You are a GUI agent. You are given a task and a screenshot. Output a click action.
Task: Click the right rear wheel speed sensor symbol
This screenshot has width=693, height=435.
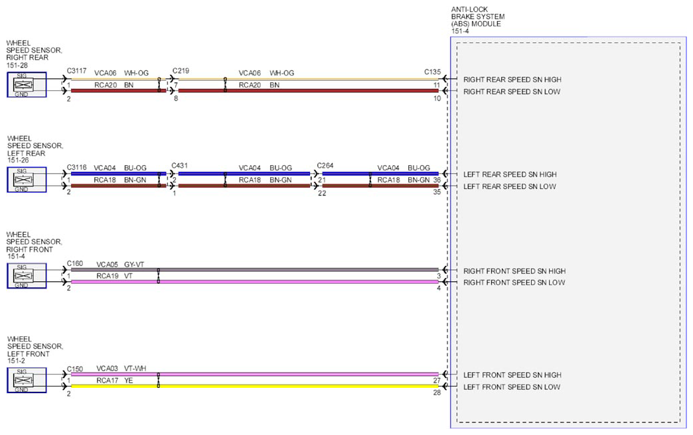[27, 84]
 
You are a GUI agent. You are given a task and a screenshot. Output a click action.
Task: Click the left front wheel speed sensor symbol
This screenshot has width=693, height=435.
[27, 380]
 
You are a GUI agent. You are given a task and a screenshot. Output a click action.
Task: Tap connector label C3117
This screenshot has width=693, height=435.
[76, 71]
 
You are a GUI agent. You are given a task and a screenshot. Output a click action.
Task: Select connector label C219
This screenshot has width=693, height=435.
[181, 71]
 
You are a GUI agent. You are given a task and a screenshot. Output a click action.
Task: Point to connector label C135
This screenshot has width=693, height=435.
[432, 72]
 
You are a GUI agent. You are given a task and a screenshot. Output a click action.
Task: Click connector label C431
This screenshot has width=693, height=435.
[179, 166]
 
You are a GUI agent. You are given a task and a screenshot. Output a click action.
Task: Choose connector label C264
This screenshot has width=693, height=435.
[325, 166]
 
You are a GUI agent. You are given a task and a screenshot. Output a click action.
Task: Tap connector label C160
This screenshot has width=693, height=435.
[75, 263]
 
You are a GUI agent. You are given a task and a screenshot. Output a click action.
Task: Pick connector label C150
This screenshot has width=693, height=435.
[75, 369]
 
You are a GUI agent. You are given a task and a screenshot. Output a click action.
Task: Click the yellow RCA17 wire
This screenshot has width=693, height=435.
[255, 386]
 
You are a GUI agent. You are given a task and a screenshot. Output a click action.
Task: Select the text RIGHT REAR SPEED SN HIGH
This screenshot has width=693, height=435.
[512, 80]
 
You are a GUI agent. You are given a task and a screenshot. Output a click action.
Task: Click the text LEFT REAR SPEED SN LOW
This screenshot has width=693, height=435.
[510, 186]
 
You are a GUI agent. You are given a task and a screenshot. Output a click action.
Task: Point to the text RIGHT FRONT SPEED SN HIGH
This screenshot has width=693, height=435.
[514, 271]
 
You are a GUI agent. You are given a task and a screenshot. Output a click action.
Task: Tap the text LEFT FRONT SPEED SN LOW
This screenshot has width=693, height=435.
[512, 387]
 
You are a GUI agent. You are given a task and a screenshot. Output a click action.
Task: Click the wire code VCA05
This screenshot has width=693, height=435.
[107, 265]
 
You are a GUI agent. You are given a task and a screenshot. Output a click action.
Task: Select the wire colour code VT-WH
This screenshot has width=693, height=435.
[135, 368]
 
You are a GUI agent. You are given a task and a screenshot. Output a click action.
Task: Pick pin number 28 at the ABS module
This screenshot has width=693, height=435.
[437, 393]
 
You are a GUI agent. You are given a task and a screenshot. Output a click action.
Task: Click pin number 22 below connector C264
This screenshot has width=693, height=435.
[322, 193]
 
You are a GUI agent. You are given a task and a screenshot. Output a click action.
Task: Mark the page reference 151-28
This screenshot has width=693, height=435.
[17, 65]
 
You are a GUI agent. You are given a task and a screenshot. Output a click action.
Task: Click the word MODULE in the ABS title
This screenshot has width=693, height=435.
[486, 24]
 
